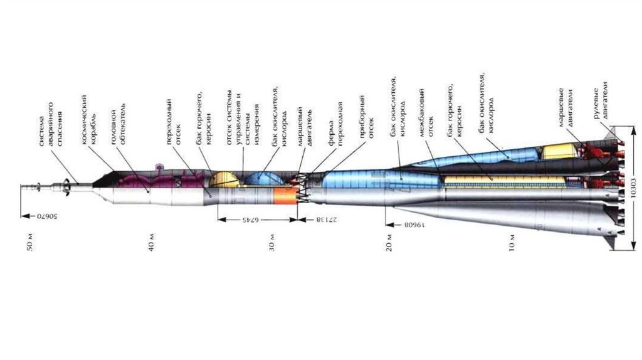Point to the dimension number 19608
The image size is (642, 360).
[415, 223]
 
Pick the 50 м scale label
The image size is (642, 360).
[29, 243]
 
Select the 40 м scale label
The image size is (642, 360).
[150, 243]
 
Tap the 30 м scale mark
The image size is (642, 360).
[271, 243]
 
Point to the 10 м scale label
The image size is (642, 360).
[512, 243]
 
